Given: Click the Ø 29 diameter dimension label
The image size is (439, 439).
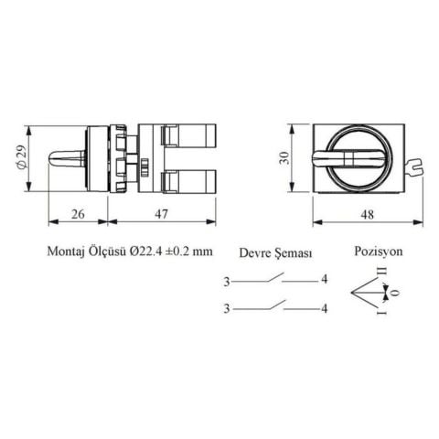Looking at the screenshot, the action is [x=22, y=156].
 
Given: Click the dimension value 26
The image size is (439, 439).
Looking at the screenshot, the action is [x=78, y=214].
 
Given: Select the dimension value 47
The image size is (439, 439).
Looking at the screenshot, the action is [x=161, y=214].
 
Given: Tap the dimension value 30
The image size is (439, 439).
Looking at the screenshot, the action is [x=284, y=158].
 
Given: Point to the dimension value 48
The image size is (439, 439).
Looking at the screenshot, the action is [x=367, y=215].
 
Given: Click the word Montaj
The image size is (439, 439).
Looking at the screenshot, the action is [x=66, y=252].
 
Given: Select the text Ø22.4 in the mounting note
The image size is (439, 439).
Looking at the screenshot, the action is [x=145, y=252].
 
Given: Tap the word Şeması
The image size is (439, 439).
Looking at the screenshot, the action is [x=294, y=253].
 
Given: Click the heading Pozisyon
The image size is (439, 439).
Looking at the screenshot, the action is [x=379, y=252].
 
